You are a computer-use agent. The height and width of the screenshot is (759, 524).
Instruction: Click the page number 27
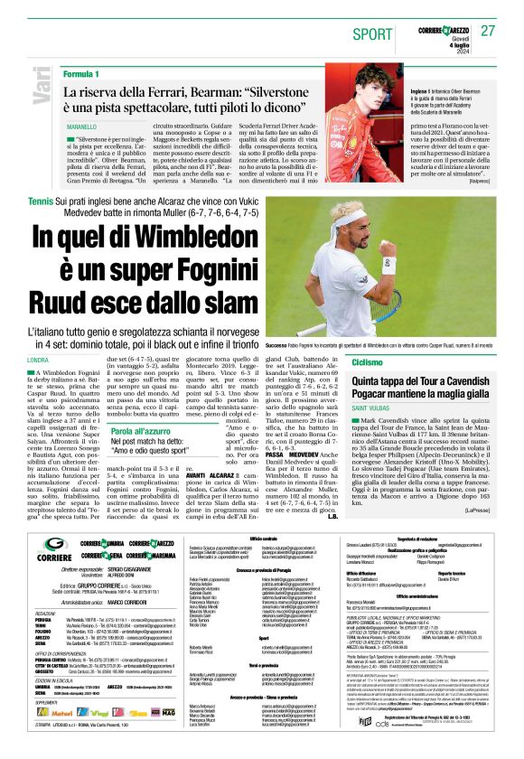(x=489, y=30)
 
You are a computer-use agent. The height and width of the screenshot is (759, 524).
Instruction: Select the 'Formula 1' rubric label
(x=82, y=72)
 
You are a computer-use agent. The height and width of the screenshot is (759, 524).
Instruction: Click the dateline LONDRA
(x=39, y=360)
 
